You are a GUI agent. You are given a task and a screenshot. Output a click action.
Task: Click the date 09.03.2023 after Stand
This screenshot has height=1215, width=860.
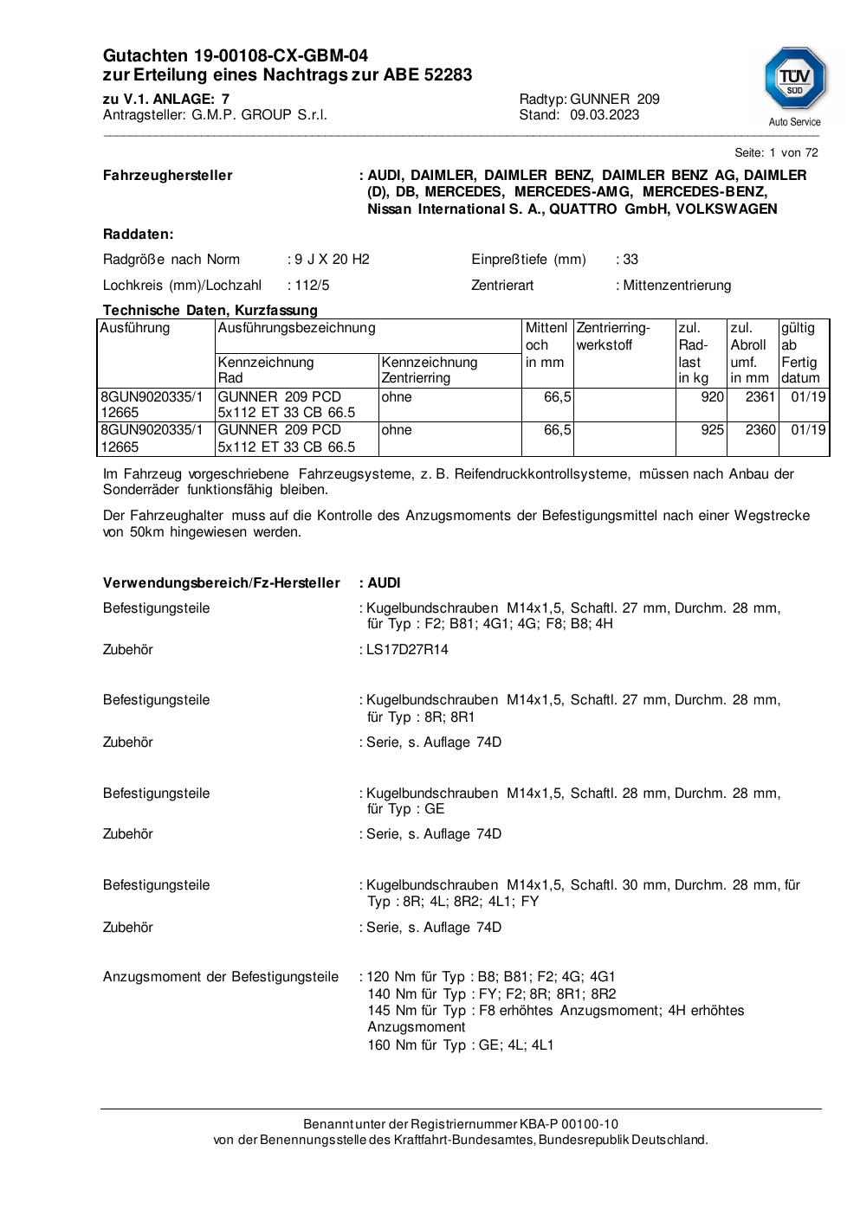pos(605,115)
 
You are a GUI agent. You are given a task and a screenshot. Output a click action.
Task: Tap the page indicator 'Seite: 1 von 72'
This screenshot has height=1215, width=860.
pos(776,153)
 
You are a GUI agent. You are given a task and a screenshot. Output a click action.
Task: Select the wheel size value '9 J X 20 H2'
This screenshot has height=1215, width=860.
pos(332,260)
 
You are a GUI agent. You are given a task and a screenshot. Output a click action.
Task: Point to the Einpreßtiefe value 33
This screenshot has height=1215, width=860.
pos(630,260)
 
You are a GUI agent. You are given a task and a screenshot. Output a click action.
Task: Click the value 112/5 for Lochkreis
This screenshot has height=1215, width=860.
pos(312,286)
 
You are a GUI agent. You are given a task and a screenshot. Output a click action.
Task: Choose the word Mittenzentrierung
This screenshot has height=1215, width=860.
pos(677,286)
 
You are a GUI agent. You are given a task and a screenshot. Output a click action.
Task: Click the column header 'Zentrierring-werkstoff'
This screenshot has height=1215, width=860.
pos(613,337)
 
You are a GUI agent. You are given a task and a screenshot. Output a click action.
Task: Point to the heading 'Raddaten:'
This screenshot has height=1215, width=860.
pos(139,235)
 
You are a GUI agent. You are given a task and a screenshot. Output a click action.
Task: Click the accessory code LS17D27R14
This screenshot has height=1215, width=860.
pos(407,650)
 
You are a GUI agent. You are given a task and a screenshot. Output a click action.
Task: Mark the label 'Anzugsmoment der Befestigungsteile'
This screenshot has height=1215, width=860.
pos(221,977)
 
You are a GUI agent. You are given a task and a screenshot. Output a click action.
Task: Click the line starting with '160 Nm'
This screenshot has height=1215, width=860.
pos(461,1045)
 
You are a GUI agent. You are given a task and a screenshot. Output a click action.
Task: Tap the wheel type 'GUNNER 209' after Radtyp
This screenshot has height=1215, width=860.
pos(615,100)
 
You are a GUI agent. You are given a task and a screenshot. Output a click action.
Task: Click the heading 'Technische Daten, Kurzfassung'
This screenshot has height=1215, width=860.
pos(210,310)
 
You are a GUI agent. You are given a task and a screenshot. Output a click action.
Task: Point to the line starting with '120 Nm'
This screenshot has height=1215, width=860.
pos(491,977)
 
